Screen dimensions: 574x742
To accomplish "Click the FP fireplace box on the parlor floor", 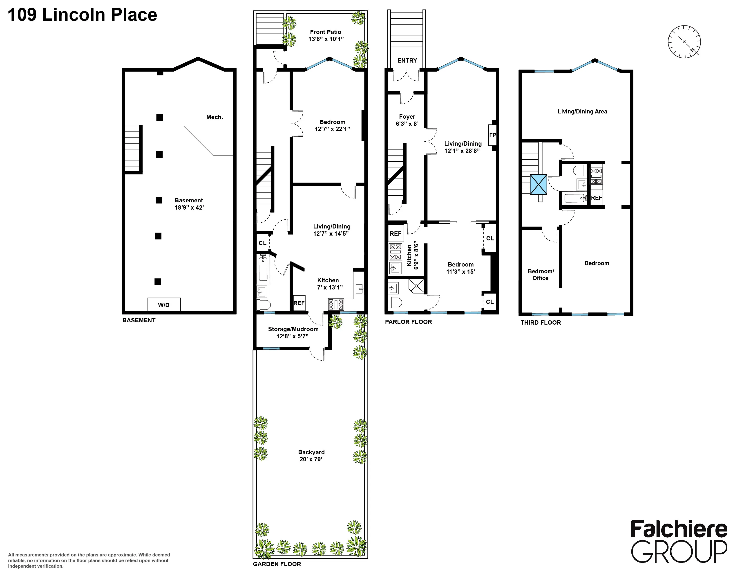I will (492, 135).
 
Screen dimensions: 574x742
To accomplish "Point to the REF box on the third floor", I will (596, 198).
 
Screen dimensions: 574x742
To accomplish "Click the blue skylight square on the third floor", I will (539, 185).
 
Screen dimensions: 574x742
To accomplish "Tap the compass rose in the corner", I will (684, 41).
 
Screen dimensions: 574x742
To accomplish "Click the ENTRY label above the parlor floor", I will (407, 61).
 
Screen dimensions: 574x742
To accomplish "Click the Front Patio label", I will (326, 32).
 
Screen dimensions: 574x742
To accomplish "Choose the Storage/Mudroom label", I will (293, 329).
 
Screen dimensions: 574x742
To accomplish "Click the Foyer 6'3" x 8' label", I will (407, 120).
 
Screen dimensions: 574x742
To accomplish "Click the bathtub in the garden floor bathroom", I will (263, 268).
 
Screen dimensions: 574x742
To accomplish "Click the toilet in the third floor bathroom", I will (579, 170).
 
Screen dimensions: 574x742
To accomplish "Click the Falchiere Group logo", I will (679, 541).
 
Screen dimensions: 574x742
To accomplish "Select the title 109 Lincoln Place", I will (82, 15).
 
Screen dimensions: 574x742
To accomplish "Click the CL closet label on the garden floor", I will (262, 243).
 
